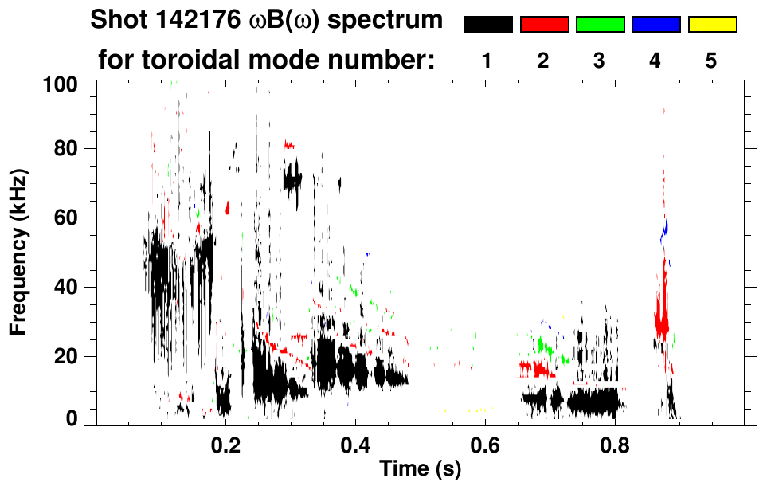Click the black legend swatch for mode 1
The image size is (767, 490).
[x=487, y=25]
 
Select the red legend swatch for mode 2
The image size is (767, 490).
[x=544, y=25]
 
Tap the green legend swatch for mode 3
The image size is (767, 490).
[x=600, y=25]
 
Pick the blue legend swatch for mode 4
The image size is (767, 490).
[x=655, y=25]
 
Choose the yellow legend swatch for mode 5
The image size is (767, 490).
[x=712, y=25]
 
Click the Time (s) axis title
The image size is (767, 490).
[x=419, y=469]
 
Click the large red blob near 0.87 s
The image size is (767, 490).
[x=661, y=319]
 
